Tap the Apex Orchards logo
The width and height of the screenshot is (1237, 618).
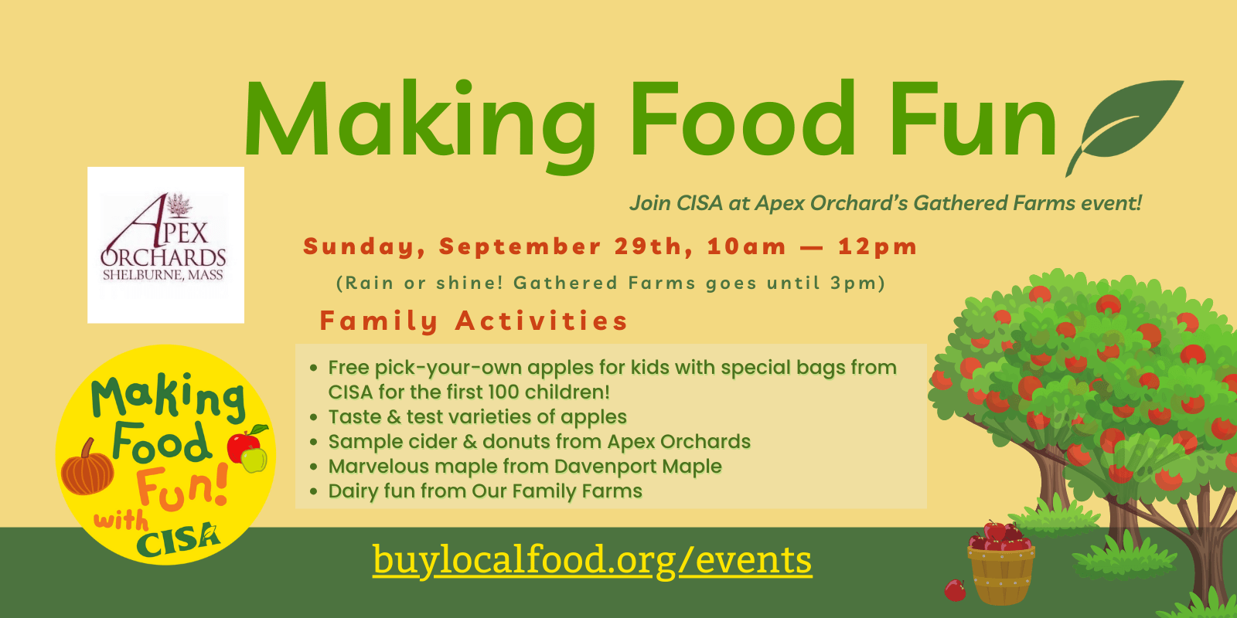[x=165, y=245]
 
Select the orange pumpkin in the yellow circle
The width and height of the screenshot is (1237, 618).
[x=87, y=468]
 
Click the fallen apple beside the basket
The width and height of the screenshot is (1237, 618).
[x=955, y=590]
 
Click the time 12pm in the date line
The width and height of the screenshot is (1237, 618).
[x=877, y=247]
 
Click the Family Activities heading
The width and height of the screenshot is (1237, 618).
[x=474, y=321]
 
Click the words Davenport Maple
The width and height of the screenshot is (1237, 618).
[x=638, y=467]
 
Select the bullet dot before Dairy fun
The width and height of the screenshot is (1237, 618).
[x=314, y=491]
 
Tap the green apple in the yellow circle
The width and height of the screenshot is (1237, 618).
[x=254, y=460]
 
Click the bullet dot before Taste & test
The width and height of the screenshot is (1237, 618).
[x=314, y=417]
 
